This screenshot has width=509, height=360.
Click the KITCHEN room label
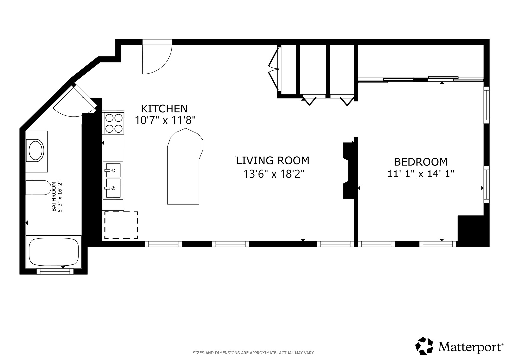164,109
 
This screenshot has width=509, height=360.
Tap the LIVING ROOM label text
273,161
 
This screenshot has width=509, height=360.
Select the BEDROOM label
420,162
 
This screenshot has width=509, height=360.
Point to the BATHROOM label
53,196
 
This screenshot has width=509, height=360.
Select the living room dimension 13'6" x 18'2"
274,174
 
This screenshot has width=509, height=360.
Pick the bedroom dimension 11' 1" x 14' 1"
421,174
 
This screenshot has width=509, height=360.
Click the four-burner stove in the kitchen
113,123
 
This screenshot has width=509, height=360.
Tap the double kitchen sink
113,180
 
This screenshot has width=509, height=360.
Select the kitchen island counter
184,167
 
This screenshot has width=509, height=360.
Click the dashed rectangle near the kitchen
121,225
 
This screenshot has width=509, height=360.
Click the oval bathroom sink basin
36,151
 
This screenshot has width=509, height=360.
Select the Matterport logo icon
424,346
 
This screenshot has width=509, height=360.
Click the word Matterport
470,347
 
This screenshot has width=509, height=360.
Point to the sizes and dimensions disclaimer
253,353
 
